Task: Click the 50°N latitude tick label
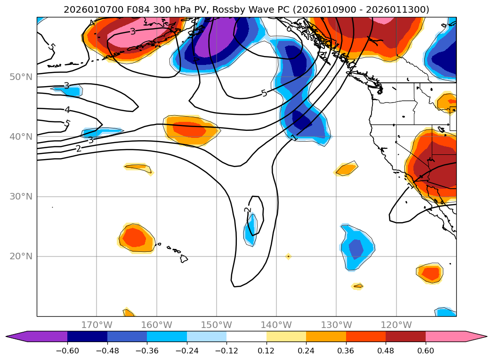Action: coord(21,77)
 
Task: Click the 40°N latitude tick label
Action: coord(21,136)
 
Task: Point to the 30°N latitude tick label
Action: coord(21,196)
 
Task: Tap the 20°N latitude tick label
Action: coord(21,256)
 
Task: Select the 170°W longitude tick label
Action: coord(97,325)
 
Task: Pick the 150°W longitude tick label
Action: coord(216,325)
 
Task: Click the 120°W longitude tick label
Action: coord(396,325)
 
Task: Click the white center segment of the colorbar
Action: coord(246,336)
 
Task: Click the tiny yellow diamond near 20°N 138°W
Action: coord(288,256)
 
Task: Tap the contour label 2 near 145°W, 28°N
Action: coord(248,210)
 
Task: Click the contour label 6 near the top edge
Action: coord(289,28)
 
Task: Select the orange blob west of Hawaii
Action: coord(136,238)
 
